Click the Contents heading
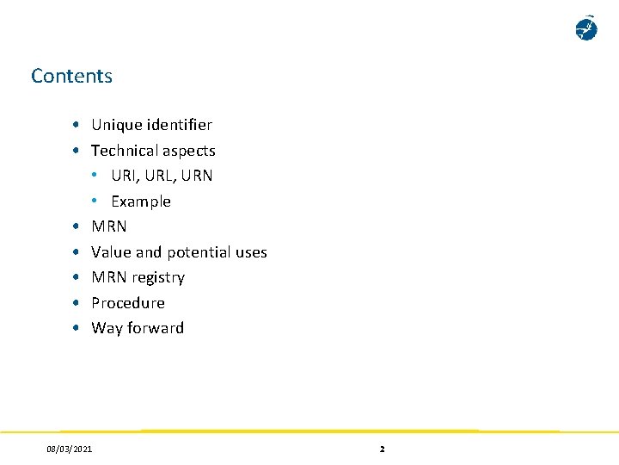click(71, 76)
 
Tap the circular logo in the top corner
click(586, 28)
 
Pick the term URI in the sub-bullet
click(122, 176)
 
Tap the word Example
click(141, 201)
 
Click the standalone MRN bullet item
click(109, 226)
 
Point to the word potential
click(199, 252)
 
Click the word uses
click(251, 252)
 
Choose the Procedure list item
click(128, 303)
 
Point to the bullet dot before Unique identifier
click(77, 125)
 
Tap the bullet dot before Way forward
click(77, 328)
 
